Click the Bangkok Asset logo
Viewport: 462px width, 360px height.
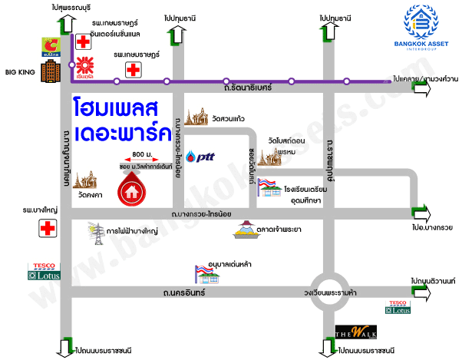click(421, 25)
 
